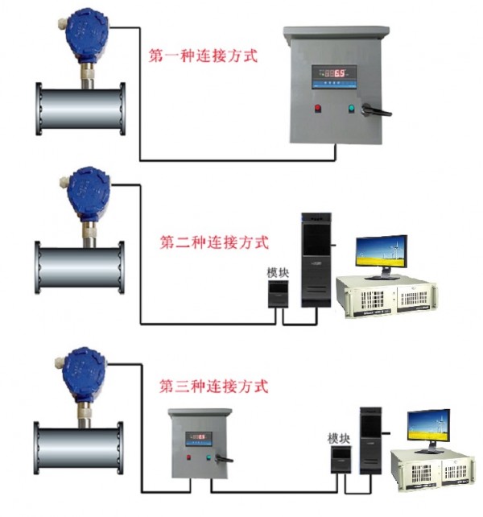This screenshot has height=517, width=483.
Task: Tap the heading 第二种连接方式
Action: pyautogui.click(x=215, y=242)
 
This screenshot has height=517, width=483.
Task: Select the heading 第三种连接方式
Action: pyautogui.click(x=213, y=386)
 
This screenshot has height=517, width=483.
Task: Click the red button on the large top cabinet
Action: pyautogui.click(x=318, y=108)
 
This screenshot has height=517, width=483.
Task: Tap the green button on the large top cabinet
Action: pyautogui.click(x=351, y=108)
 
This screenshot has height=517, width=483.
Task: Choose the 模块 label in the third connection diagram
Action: pyautogui.click(x=339, y=438)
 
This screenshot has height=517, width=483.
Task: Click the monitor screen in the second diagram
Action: pyautogui.click(x=382, y=255)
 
